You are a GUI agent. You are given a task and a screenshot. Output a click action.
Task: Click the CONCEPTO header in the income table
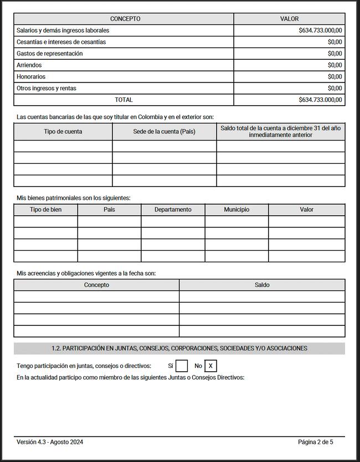125,19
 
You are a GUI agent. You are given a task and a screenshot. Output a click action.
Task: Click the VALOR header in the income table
289,19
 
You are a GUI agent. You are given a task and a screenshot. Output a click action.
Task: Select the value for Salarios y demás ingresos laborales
320,30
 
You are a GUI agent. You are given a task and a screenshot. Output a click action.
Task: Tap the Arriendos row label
29,65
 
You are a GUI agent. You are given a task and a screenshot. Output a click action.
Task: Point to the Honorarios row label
31,77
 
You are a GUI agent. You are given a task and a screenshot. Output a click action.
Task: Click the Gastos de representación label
49,54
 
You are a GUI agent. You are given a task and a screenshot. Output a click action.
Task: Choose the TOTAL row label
124,100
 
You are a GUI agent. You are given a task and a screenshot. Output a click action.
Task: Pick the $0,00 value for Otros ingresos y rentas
335,89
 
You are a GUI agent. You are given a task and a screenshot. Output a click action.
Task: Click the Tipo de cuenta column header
63,132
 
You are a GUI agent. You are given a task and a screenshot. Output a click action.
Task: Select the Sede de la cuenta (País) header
164,132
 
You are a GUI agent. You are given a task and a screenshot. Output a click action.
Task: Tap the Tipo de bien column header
45,210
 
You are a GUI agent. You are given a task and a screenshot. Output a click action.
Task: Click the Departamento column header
173,210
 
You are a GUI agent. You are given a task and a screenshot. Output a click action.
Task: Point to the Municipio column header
236,210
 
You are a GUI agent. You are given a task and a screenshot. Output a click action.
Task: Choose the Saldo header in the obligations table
262,285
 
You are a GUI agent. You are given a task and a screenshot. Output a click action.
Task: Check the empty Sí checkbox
182,366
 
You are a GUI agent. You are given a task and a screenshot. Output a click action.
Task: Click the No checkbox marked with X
210,366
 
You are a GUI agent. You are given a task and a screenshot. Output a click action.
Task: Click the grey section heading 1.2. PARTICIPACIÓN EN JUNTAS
179,349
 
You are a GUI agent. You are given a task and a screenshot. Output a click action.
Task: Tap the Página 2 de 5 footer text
316,442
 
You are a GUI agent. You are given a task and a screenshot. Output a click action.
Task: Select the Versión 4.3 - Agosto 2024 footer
50,442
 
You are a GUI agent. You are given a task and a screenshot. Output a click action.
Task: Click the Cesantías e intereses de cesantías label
61,42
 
